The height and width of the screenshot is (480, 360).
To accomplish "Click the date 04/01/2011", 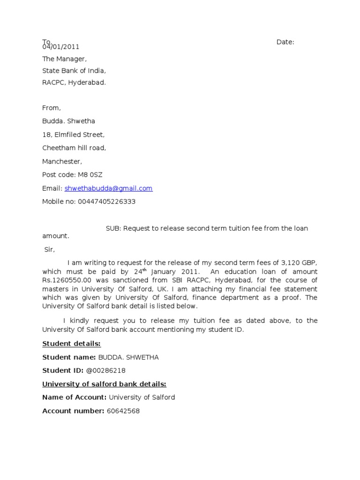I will point(61,47).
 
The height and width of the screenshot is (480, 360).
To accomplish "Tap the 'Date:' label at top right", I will point(285,42).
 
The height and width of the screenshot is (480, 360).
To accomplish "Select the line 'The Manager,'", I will point(65,59).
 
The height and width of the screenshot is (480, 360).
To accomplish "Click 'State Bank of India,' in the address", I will point(75,71).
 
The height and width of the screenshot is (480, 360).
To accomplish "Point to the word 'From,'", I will point(52,108).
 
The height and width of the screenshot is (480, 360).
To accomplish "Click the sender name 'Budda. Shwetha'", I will point(69,121).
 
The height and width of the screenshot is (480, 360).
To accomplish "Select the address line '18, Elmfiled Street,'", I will point(74,135).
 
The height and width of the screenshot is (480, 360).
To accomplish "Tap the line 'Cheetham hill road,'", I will point(74,148).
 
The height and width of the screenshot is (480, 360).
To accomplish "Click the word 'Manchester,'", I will point(62,162).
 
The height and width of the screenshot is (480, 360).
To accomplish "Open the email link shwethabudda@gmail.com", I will point(109,188).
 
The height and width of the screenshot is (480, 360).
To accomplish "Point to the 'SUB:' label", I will point(114,228).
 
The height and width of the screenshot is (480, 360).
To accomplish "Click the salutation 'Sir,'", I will point(50,250).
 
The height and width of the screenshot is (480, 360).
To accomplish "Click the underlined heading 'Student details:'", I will point(72,344).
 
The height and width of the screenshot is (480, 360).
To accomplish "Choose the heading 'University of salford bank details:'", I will point(105,384).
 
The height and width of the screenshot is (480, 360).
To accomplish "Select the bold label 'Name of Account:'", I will point(75,397).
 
